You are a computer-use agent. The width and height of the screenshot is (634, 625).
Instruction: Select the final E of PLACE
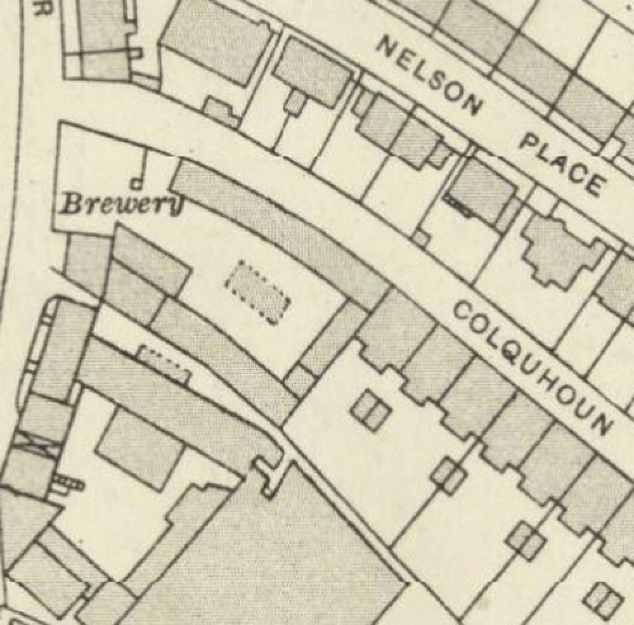point(592,184)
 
